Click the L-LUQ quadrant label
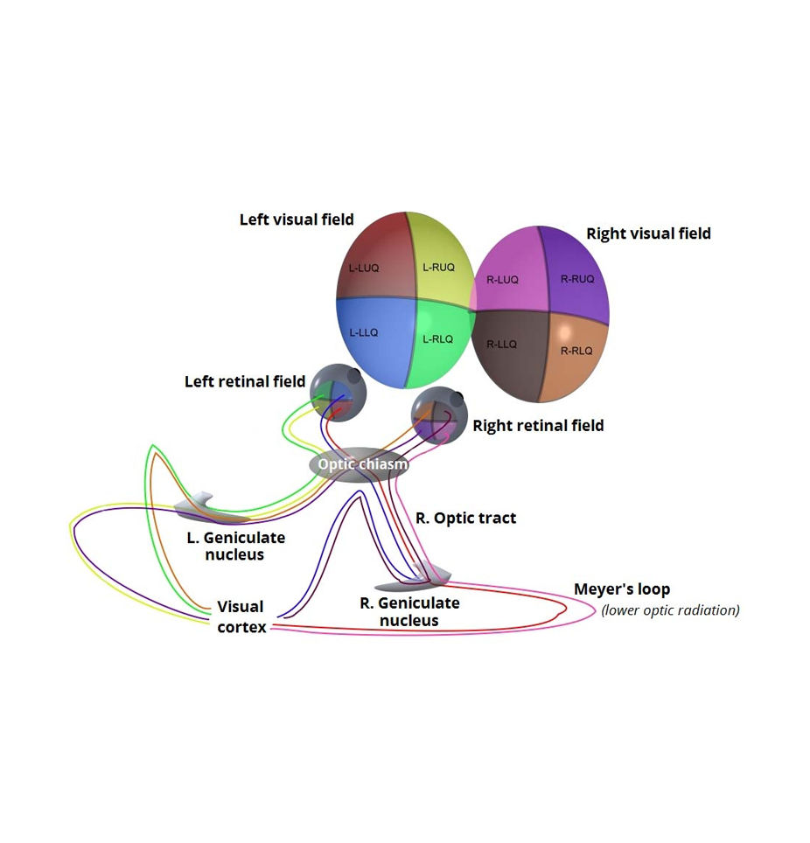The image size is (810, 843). coord(364,268)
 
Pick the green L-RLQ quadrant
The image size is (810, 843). coord(437,341)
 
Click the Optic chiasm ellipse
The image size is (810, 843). coord(360,464)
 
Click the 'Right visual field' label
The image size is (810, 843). coord(648,233)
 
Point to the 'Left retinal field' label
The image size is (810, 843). coord(245,381)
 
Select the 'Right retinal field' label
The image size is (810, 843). coord(538,426)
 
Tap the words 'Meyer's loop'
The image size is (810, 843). coord(621,589)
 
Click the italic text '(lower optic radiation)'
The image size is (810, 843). coord(670,610)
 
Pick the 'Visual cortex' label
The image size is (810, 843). coord(241,617)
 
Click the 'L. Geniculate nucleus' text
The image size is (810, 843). coord(235,546)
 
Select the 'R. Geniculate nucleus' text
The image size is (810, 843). coord(409,611)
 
